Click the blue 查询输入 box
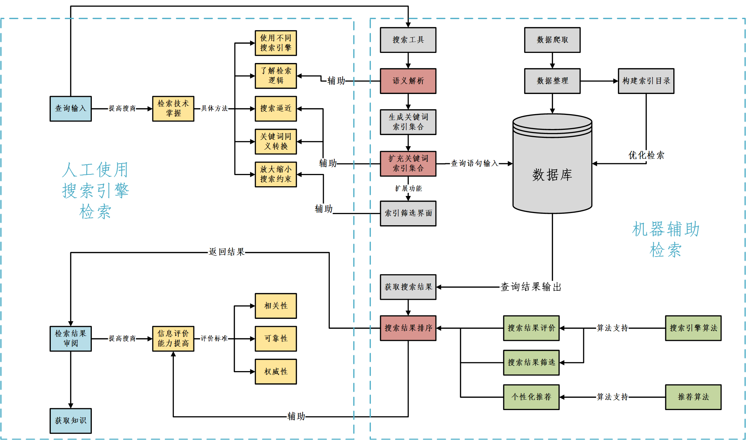[x=71, y=109]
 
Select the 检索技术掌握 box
[x=173, y=109]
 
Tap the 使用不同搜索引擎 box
[x=276, y=43]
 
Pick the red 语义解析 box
[x=408, y=81]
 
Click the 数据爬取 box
[x=552, y=40]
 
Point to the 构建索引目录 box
[x=646, y=81]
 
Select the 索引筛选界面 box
[x=408, y=213]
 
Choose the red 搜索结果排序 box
[x=408, y=328]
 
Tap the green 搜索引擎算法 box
[x=693, y=328]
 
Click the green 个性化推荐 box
[x=531, y=397]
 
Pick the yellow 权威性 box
[x=276, y=372]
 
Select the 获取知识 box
[x=71, y=421]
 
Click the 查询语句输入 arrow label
[x=474, y=163]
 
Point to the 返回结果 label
[x=227, y=252]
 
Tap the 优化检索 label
[x=646, y=155]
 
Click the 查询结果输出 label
[x=531, y=287]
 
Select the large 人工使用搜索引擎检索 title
[x=95, y=191]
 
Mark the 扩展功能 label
[x=408, y=189]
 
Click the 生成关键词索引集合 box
[x=408, y=122]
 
